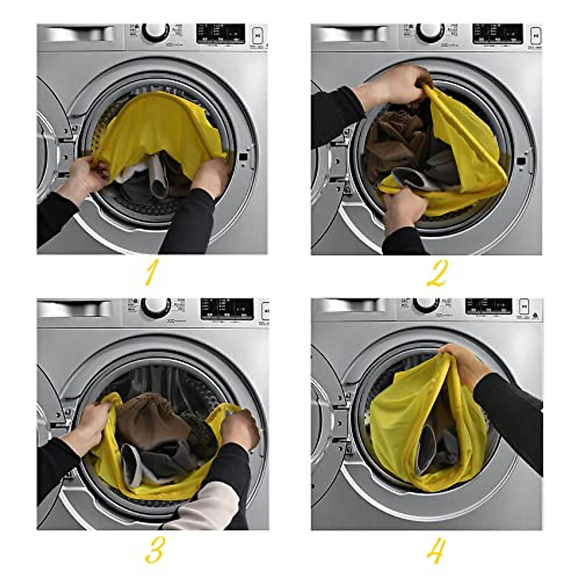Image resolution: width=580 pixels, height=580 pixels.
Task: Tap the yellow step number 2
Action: (x=436, y=273)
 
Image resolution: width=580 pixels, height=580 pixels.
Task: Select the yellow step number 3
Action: (x=154, y=550)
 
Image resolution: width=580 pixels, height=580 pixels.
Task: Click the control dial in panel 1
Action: (x=156, y=32)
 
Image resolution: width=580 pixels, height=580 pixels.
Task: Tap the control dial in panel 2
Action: (x=430, y=32)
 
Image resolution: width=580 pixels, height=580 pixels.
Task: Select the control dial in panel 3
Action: (x=155, y=307)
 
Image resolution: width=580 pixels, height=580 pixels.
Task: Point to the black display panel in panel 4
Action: (x=488, y=306)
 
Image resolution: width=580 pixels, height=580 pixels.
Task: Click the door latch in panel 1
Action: (x=243, y=156)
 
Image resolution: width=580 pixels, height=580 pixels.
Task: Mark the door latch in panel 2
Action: (x=521, y=161)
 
